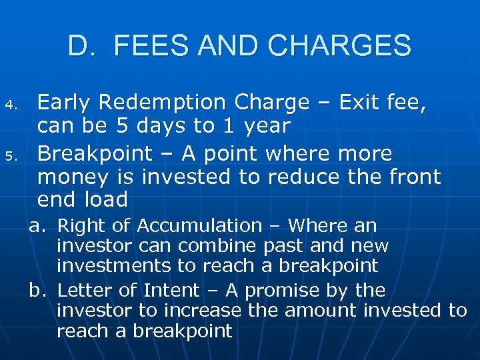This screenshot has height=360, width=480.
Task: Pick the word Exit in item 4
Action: tap(365, 103)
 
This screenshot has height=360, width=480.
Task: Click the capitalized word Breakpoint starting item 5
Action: tap(93, 154)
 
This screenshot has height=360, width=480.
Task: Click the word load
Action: tap(107, 199)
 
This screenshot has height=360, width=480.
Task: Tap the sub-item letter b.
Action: tap(37, 291)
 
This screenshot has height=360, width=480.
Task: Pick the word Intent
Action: tap(175, 291)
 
